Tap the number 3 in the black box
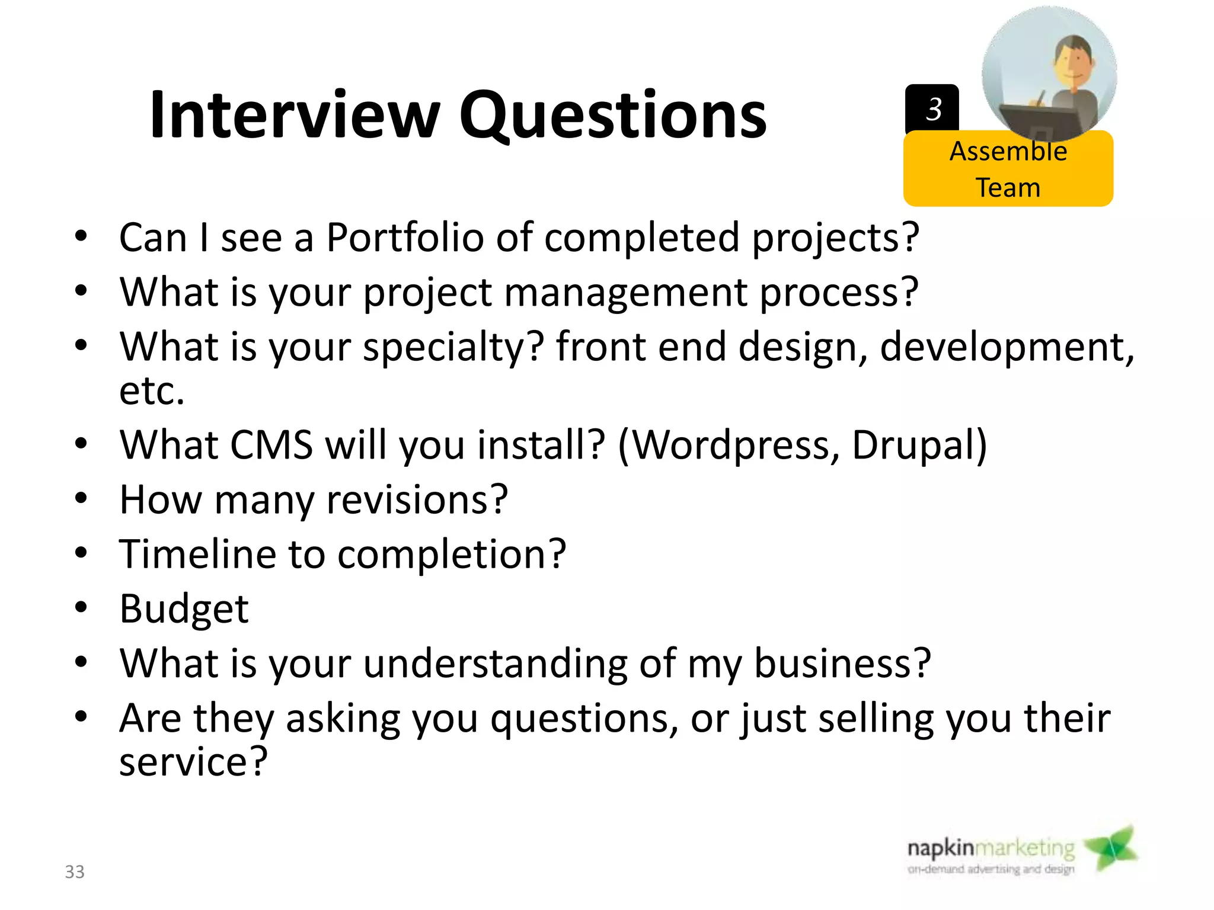[934, 109]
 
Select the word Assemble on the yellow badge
[1008, 152]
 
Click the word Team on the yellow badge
[1008, 188]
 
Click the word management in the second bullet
[625, 293]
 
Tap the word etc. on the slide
[152, 391]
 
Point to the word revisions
[417, 499]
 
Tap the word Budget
[184, 609]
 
